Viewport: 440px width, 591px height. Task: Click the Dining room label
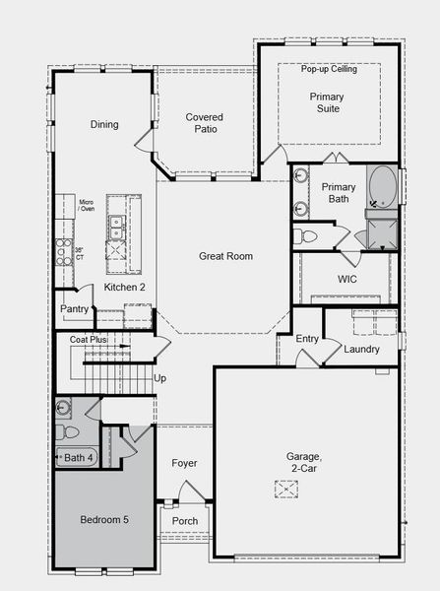tap(104, 125)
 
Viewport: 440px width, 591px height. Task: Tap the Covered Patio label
tap(204, 123)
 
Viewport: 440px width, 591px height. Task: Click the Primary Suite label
tap(327, 103)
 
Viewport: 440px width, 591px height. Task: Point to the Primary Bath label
tap(338, 192)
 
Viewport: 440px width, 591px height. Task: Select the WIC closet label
tap(346, 280)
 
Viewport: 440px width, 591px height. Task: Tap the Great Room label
tap(225, 256)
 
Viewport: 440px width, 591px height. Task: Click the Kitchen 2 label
tap(125, 286)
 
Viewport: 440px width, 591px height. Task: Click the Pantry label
tap(74, 309)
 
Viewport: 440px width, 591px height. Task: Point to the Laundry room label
tap(361, 349)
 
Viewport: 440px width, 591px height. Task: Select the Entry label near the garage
tap(307, 339)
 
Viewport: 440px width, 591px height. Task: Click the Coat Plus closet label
tap(88, 339)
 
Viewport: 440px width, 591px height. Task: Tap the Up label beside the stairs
tap(160, 377)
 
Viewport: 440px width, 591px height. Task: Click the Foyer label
tap(184, 463)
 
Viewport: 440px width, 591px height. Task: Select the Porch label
tap(184, 521)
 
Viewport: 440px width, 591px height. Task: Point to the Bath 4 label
tap(79, 457)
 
